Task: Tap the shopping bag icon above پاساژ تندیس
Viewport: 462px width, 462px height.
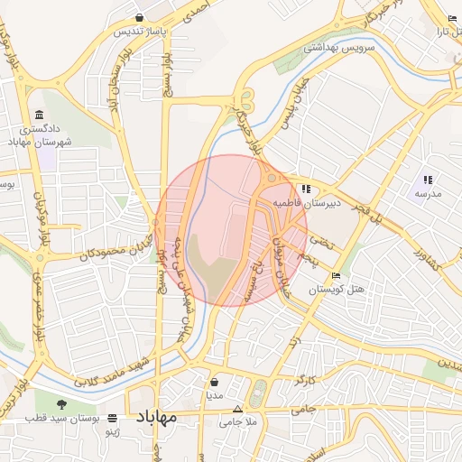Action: coord(139,17)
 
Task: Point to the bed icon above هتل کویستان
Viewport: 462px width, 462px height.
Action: coord(336,275)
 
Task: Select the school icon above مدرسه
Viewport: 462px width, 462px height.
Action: coord(427,180)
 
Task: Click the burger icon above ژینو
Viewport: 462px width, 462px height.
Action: coord(112,418)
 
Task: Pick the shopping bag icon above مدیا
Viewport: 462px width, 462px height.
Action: coord(214,382)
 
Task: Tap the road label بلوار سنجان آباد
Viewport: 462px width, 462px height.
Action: coord(114,77)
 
